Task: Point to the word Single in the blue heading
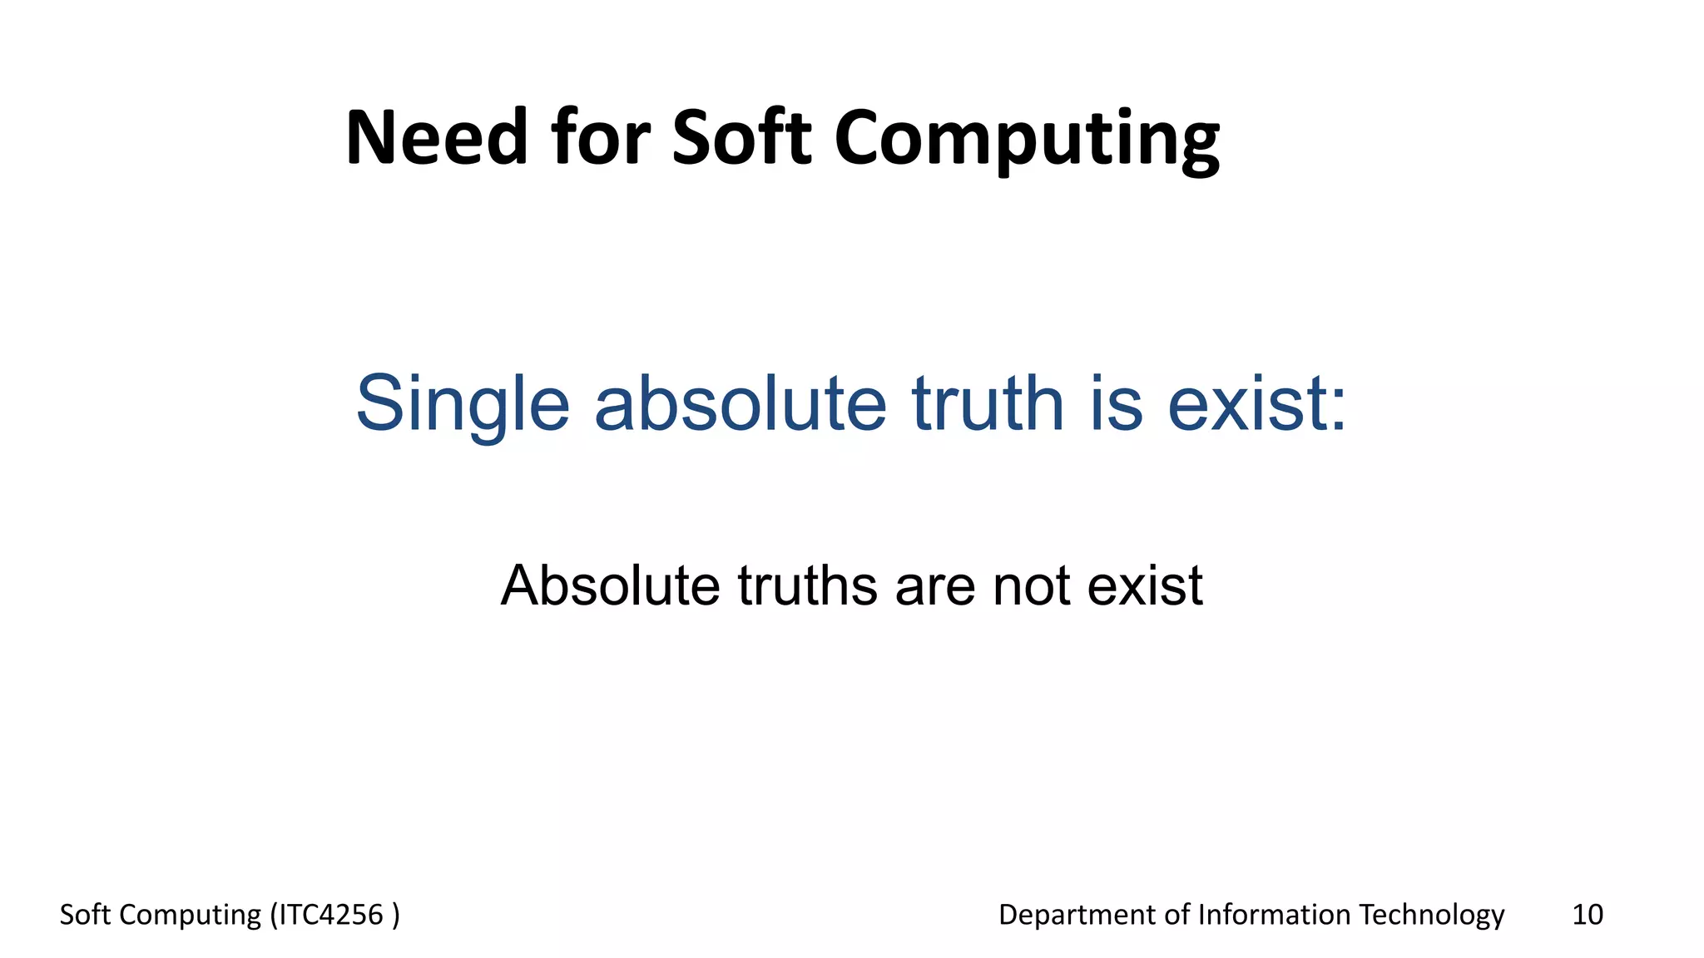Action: click(463, 405)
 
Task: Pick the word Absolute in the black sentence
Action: click(610, 585)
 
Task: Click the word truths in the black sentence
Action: click(807, 585)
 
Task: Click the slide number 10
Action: click(1587, 915)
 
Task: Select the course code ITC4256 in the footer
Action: click(330, 915)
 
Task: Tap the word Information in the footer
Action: click(1274, 915)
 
